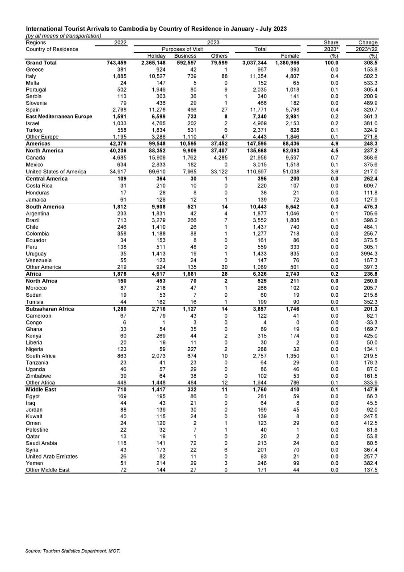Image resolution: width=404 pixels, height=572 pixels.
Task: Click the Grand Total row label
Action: coord(41,63)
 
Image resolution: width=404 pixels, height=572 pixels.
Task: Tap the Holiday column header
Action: coord(156,56)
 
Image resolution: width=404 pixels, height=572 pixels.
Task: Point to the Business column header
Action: coord(185,56)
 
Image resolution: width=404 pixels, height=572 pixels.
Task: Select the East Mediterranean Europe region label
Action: coord(59,117)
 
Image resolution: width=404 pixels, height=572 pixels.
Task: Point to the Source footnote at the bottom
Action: coord(72,551)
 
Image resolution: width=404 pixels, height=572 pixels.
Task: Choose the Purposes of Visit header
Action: coord(182,49)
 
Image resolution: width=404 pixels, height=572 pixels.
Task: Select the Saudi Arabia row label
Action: coord(41,443)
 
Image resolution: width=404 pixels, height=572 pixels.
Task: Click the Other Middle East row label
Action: coord(48,470)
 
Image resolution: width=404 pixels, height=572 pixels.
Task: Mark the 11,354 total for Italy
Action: coord(258,76)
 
